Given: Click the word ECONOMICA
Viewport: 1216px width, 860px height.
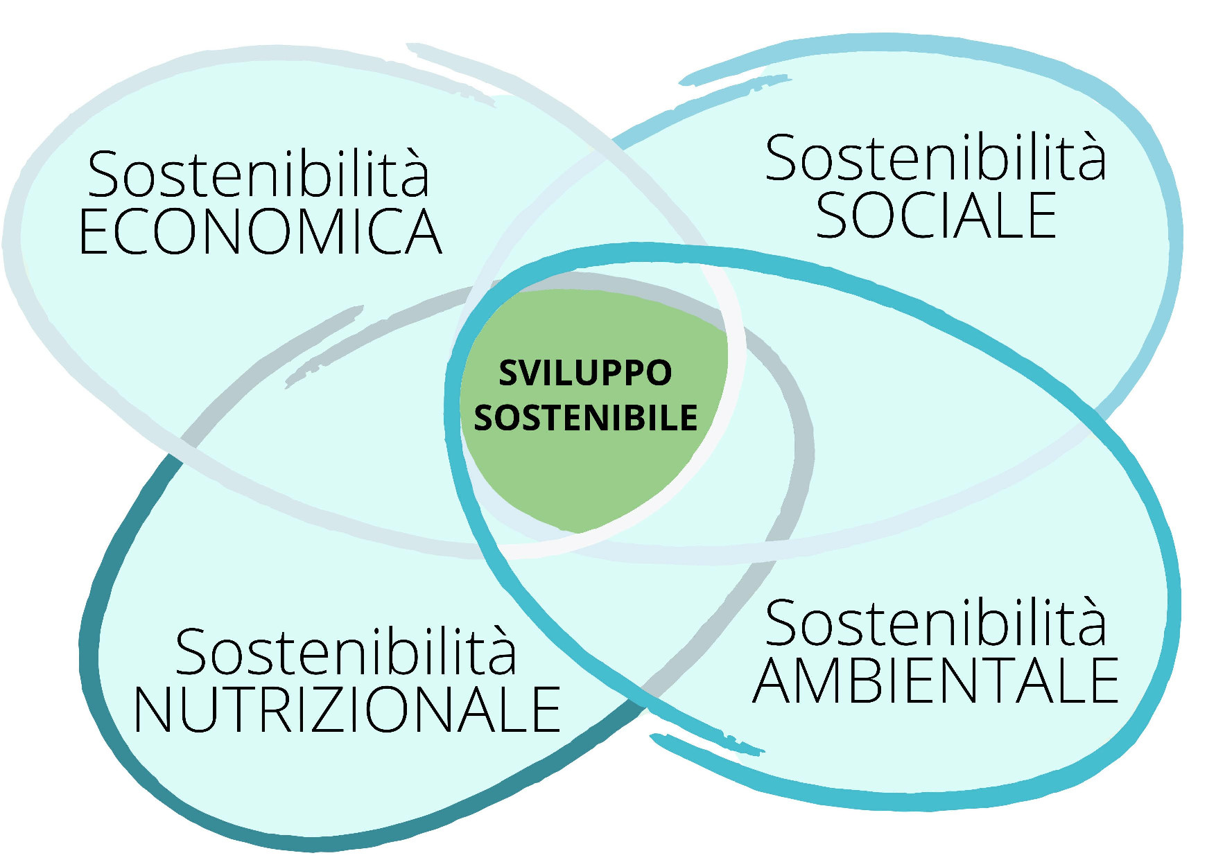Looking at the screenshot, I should pos(260,231).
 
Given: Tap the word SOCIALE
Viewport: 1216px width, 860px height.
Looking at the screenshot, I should pos(936,216).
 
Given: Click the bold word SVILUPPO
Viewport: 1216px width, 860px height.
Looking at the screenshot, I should pos(585,373).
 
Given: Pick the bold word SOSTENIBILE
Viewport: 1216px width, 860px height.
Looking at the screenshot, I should pos(585,417).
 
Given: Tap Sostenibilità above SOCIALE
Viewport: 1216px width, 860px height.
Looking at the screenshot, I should pos(936,158).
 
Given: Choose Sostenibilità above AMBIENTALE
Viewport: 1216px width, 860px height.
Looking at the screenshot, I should pos(936,623).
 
